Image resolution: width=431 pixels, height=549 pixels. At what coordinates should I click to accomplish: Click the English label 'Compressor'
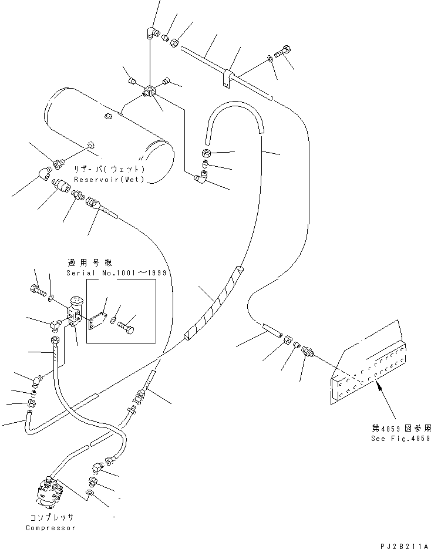pyautogui.click(x=50, y=528)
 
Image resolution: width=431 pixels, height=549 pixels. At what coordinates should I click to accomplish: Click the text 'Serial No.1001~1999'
pyautogui.click(x=116, y=274)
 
